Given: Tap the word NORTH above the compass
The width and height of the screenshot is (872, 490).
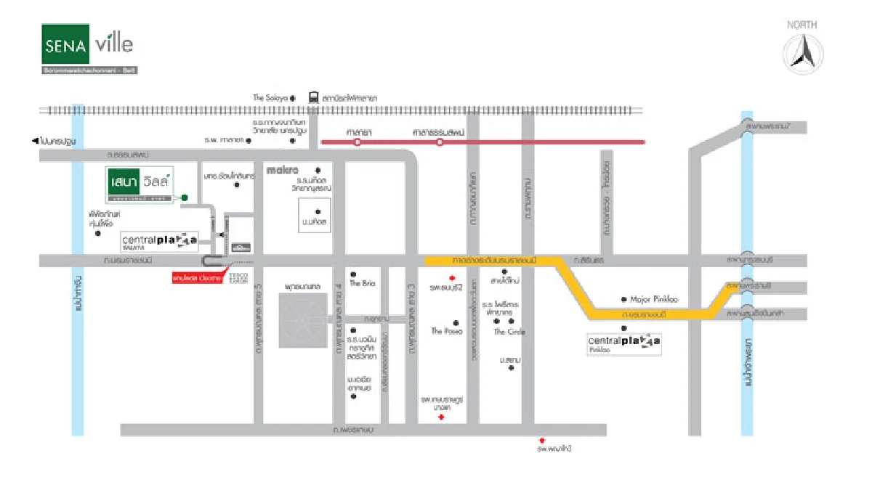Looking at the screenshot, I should (x=802, y=25).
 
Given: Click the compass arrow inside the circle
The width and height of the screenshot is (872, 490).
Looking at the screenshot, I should (x=803, y=53).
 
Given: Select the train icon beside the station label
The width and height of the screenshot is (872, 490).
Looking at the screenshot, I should (x=313, y=97).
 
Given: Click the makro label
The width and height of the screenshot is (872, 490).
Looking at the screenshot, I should (x=283, y=171).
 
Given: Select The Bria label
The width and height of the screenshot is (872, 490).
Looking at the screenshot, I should (x=362, y=283).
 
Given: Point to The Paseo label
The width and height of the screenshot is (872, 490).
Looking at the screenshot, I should (x=446, y=331).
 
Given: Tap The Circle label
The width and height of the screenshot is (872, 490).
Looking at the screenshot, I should (x=509, y=332).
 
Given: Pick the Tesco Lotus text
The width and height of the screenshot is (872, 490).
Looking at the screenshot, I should (x=238, y=277).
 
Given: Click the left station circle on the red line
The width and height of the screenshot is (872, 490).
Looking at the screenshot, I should (x=357, y=143).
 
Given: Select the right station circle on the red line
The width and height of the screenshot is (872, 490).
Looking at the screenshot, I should (x=440, y=143).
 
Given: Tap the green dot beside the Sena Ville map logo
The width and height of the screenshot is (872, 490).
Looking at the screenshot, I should (x=185, y=197).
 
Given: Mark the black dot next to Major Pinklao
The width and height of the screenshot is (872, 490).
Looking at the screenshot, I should (x=623, y=299).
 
